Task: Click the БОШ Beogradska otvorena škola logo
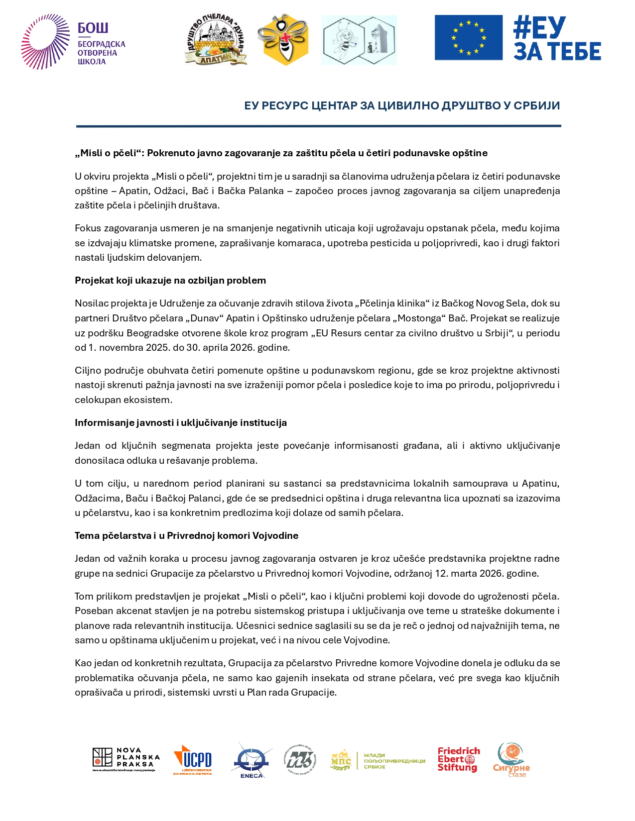tap(73, 42)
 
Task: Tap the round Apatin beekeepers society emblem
tap(216, 40)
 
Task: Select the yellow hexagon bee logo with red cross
tap(283, 40)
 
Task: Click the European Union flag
tap(468, 37)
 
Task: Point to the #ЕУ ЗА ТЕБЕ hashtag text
tap(557, 38)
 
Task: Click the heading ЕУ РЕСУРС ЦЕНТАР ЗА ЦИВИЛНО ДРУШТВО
tap(401, 105)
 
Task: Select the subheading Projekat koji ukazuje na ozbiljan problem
tap(170, 281)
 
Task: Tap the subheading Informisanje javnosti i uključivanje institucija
tap(181, 423)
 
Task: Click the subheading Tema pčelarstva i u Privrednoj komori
tap(186, 536)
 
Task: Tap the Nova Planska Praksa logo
tap(126, 759)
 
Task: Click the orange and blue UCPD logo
tap(193, 760)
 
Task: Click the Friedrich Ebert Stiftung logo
tap(458, 759)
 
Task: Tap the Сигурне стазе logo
tap(511, 760)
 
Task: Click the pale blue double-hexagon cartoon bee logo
tap(359, 40)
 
